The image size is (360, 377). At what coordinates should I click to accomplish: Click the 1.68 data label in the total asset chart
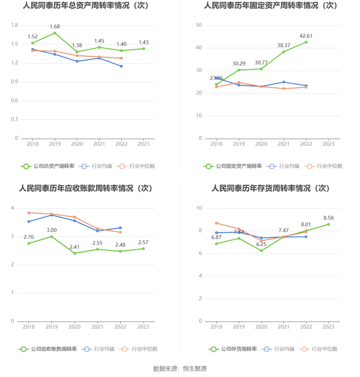coord(55,27)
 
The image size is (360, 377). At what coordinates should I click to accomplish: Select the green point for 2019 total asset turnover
coord(55,33)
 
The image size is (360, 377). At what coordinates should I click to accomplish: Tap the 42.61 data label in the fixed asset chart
coord(306,36)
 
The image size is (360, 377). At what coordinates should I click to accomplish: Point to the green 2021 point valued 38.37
coord(284,52)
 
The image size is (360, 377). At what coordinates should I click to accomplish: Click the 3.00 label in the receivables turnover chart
coord(52,230)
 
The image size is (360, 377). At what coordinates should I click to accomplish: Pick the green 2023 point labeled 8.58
coord(329,224)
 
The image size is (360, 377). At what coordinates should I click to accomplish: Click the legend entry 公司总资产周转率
coord(48,166)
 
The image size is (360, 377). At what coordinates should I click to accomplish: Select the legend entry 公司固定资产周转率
coord(233,166)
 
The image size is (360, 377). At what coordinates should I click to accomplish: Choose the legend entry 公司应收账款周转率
coord(48,349)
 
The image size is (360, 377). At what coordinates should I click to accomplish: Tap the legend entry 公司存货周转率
coord(233,349)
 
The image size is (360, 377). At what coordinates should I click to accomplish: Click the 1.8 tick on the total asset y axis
coord(15,25)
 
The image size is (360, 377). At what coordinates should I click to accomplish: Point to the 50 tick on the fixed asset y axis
coord(199,25)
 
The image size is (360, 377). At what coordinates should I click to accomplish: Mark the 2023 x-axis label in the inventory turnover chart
coord(329,327)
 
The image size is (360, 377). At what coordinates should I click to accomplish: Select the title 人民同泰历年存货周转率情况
coord(270,188)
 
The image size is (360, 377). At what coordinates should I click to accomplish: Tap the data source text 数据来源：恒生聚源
coord(180,369)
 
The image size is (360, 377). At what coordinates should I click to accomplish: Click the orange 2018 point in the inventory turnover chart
coord(216,223)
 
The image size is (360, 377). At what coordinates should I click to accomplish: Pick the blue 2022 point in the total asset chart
coord(121,66)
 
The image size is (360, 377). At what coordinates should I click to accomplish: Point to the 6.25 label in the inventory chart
coord(261,244)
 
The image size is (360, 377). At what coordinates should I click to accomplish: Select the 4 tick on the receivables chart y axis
coord(13,208)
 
